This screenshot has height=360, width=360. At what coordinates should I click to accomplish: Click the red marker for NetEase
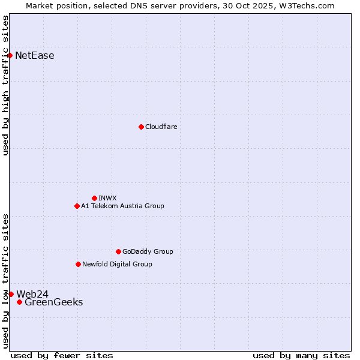point(10,56)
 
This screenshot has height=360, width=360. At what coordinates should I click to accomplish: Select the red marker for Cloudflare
point(141,127)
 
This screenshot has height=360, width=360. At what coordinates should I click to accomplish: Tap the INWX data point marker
point(94,198)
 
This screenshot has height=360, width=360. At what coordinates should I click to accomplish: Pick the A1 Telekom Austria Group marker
point(77,206)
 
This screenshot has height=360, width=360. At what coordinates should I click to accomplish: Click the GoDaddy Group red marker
point(118,251)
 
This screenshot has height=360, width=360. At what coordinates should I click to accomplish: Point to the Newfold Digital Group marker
point(78,264)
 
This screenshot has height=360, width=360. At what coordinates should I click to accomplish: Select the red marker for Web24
point(11,294)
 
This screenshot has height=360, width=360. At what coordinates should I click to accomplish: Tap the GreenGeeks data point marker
point(19,302)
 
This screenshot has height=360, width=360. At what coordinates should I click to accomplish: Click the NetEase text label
point(35,56)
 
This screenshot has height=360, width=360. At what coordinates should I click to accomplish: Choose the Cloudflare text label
point(161,127)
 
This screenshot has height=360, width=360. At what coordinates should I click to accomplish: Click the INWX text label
point(107,198)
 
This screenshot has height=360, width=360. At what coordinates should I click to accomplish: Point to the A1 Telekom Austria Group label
point(122,206)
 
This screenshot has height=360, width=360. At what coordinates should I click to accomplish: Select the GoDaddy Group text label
point(148,251)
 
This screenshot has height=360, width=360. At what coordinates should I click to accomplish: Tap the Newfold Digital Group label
point(117,264)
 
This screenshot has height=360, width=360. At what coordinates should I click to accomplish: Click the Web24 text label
point(32,294)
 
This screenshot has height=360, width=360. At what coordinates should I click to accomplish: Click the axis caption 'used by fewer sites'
point(62,355)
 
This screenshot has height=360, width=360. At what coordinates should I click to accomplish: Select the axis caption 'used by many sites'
point(301,355)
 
